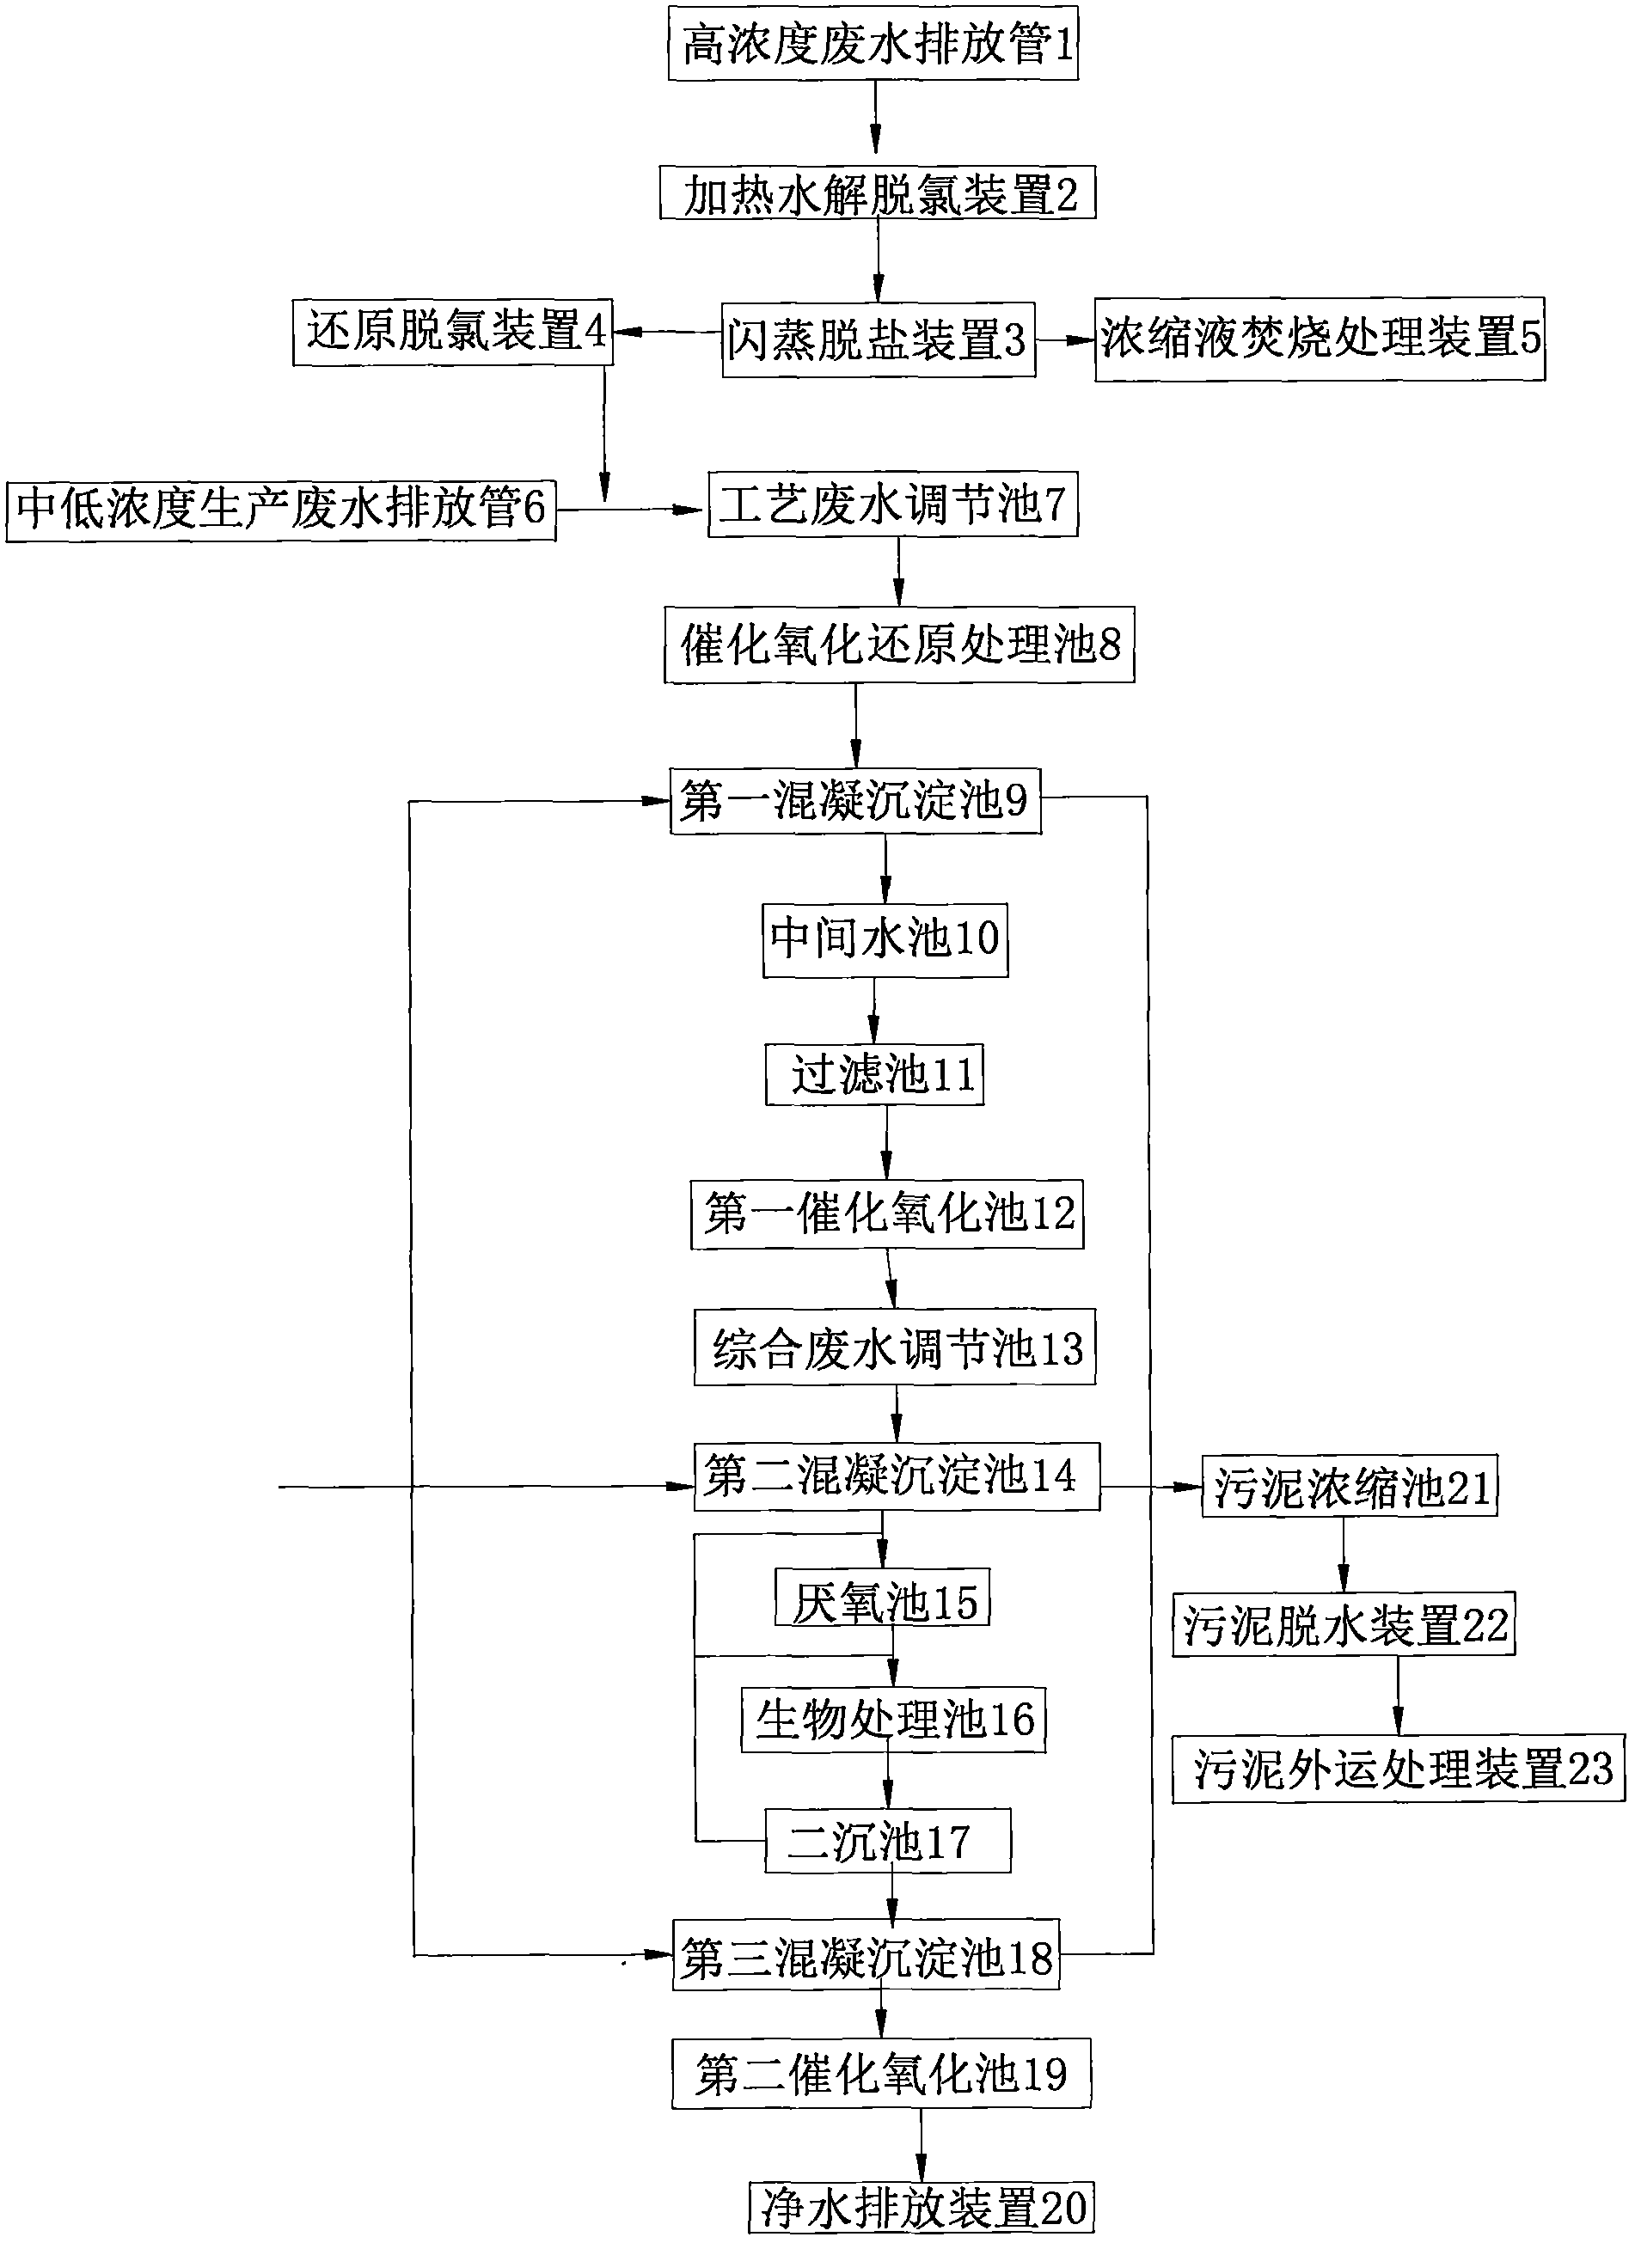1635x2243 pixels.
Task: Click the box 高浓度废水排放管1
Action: [x=873, y=43]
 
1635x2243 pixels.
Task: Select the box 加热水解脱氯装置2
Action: [x=878, y=193]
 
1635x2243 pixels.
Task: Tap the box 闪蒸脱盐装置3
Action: [x=879, y=339]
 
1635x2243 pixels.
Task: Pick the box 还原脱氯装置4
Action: [x=452, y=333]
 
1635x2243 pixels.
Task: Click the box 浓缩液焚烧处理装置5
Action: [x=1320, y=339]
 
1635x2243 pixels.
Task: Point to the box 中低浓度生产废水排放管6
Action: [x=280, y=510]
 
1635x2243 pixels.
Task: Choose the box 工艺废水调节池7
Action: [x=893, y=504]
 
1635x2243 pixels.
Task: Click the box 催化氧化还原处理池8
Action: [x=898, y=645]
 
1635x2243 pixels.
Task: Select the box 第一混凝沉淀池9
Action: [x=855, y=799]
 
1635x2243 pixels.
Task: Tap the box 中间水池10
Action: [x=885, y=939]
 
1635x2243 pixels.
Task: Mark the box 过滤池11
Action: [x=874, y=1074]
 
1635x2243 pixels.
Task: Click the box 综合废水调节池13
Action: [x=894, y=1348]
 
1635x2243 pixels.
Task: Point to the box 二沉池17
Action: [x=888, y=1839]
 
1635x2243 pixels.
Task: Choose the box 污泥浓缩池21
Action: [x=1349, y=1485]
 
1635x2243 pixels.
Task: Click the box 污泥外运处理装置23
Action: [x=1399, y=1768]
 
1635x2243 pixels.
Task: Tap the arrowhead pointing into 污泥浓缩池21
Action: [x=1190, y=1486]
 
